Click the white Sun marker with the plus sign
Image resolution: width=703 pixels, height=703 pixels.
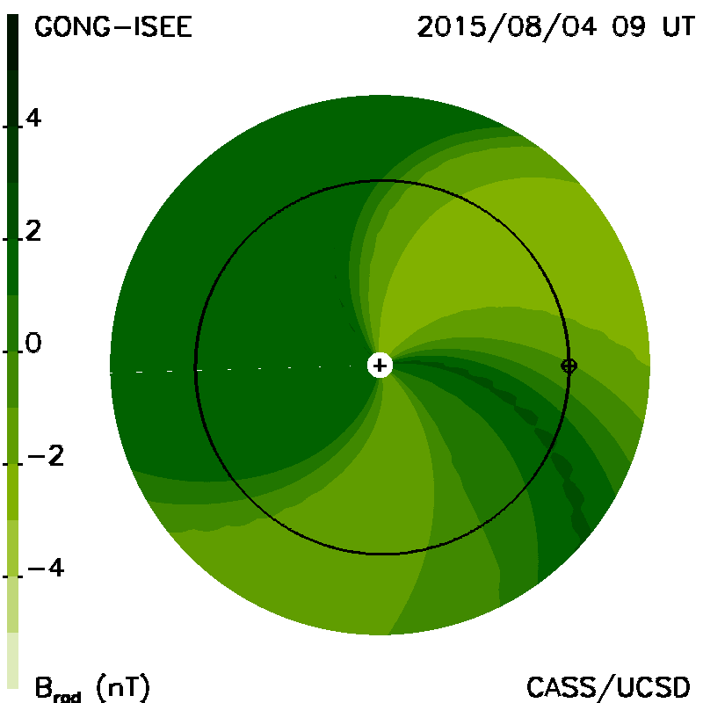coord(380,366)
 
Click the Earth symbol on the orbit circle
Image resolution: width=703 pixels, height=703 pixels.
coord(569,366)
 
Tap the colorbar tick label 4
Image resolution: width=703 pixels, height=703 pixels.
coord(33,118)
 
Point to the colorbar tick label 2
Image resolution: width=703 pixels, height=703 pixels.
coord(33,231)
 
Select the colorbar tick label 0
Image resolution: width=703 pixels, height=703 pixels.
coord(33,343)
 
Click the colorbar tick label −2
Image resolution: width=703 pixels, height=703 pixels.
coord(46,456)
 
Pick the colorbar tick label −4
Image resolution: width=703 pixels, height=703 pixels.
coord(46,568)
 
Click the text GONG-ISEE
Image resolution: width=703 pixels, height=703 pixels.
coord(113,27)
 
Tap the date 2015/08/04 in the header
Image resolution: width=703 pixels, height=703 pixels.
coord(507,26)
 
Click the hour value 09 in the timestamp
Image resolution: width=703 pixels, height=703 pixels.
coord(628,26)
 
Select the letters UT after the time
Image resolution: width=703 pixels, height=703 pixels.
coord(678,26)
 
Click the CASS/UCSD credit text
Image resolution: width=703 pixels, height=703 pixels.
coord(608,687)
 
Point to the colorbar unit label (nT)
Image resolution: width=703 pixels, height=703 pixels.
coord(122,687)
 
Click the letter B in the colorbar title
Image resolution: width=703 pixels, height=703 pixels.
coord(43,687)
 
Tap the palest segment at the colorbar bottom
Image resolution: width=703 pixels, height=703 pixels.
coord(12,661)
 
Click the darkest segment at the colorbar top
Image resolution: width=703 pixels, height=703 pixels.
coord(12,42)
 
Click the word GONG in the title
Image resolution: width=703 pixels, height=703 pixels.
coord(72,27)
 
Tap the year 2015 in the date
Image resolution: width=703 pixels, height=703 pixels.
coord(452,26)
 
